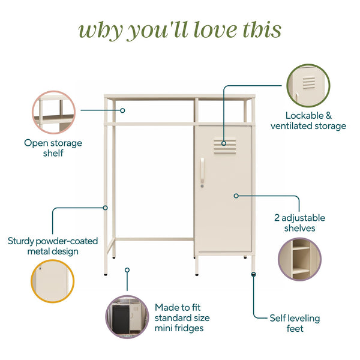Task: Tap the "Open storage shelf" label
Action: tap(53, 148)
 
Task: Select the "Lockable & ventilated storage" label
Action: tap(308, 121)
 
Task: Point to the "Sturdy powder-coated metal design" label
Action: tap(53, 246)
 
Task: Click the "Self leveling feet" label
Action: tap(286, 323)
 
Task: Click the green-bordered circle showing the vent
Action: tap(308, 86)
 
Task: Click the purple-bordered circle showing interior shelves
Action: tap(299, 259)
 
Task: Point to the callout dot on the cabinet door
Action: tap(236, 196)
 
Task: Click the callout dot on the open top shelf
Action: tap(122, 110)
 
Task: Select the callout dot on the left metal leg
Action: tap(106, 208)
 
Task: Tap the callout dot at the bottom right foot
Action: tap(254, 274)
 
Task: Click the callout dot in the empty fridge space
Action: tap(127, 270)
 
